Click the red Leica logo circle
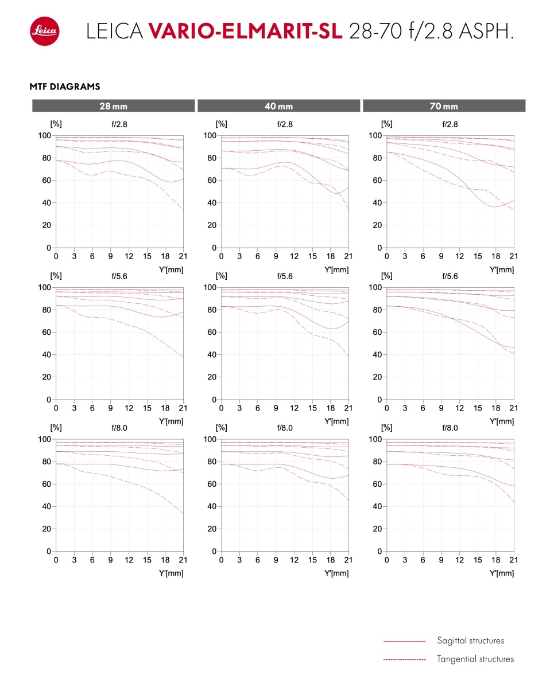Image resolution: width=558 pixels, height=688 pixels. (45, 31)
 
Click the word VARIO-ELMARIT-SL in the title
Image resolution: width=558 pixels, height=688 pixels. (245, 31)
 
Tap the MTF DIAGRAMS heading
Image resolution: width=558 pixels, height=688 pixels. (65, 86)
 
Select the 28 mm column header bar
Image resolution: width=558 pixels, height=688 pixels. (114, 105)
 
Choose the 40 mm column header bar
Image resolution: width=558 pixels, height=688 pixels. (279, 105)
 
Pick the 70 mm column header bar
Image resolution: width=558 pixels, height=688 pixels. (444, 105)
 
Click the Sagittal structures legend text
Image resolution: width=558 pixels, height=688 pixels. (470, 640)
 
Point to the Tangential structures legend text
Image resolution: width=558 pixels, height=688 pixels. (475, 659)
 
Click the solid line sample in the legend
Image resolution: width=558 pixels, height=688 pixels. (404, 641)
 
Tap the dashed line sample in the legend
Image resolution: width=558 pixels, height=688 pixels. (404, 659)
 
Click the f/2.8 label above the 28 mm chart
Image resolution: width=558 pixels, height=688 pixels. (119, 124)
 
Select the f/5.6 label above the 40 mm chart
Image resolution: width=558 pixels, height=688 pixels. (285, 276)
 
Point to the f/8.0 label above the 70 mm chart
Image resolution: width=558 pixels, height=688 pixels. (450, 428)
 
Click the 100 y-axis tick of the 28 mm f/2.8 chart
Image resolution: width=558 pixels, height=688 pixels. (44, 135)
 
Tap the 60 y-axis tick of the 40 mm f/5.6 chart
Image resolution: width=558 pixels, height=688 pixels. (212, 332)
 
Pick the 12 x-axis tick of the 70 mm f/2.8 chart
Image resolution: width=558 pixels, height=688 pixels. (459, 256)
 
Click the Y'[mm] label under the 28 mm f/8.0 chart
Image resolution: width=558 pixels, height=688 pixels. (171, 573)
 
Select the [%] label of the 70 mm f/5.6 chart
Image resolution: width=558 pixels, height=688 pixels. (386, 276)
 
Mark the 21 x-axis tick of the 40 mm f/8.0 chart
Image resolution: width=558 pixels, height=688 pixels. (348, 560)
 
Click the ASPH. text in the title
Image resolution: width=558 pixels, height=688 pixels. (486, 31)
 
